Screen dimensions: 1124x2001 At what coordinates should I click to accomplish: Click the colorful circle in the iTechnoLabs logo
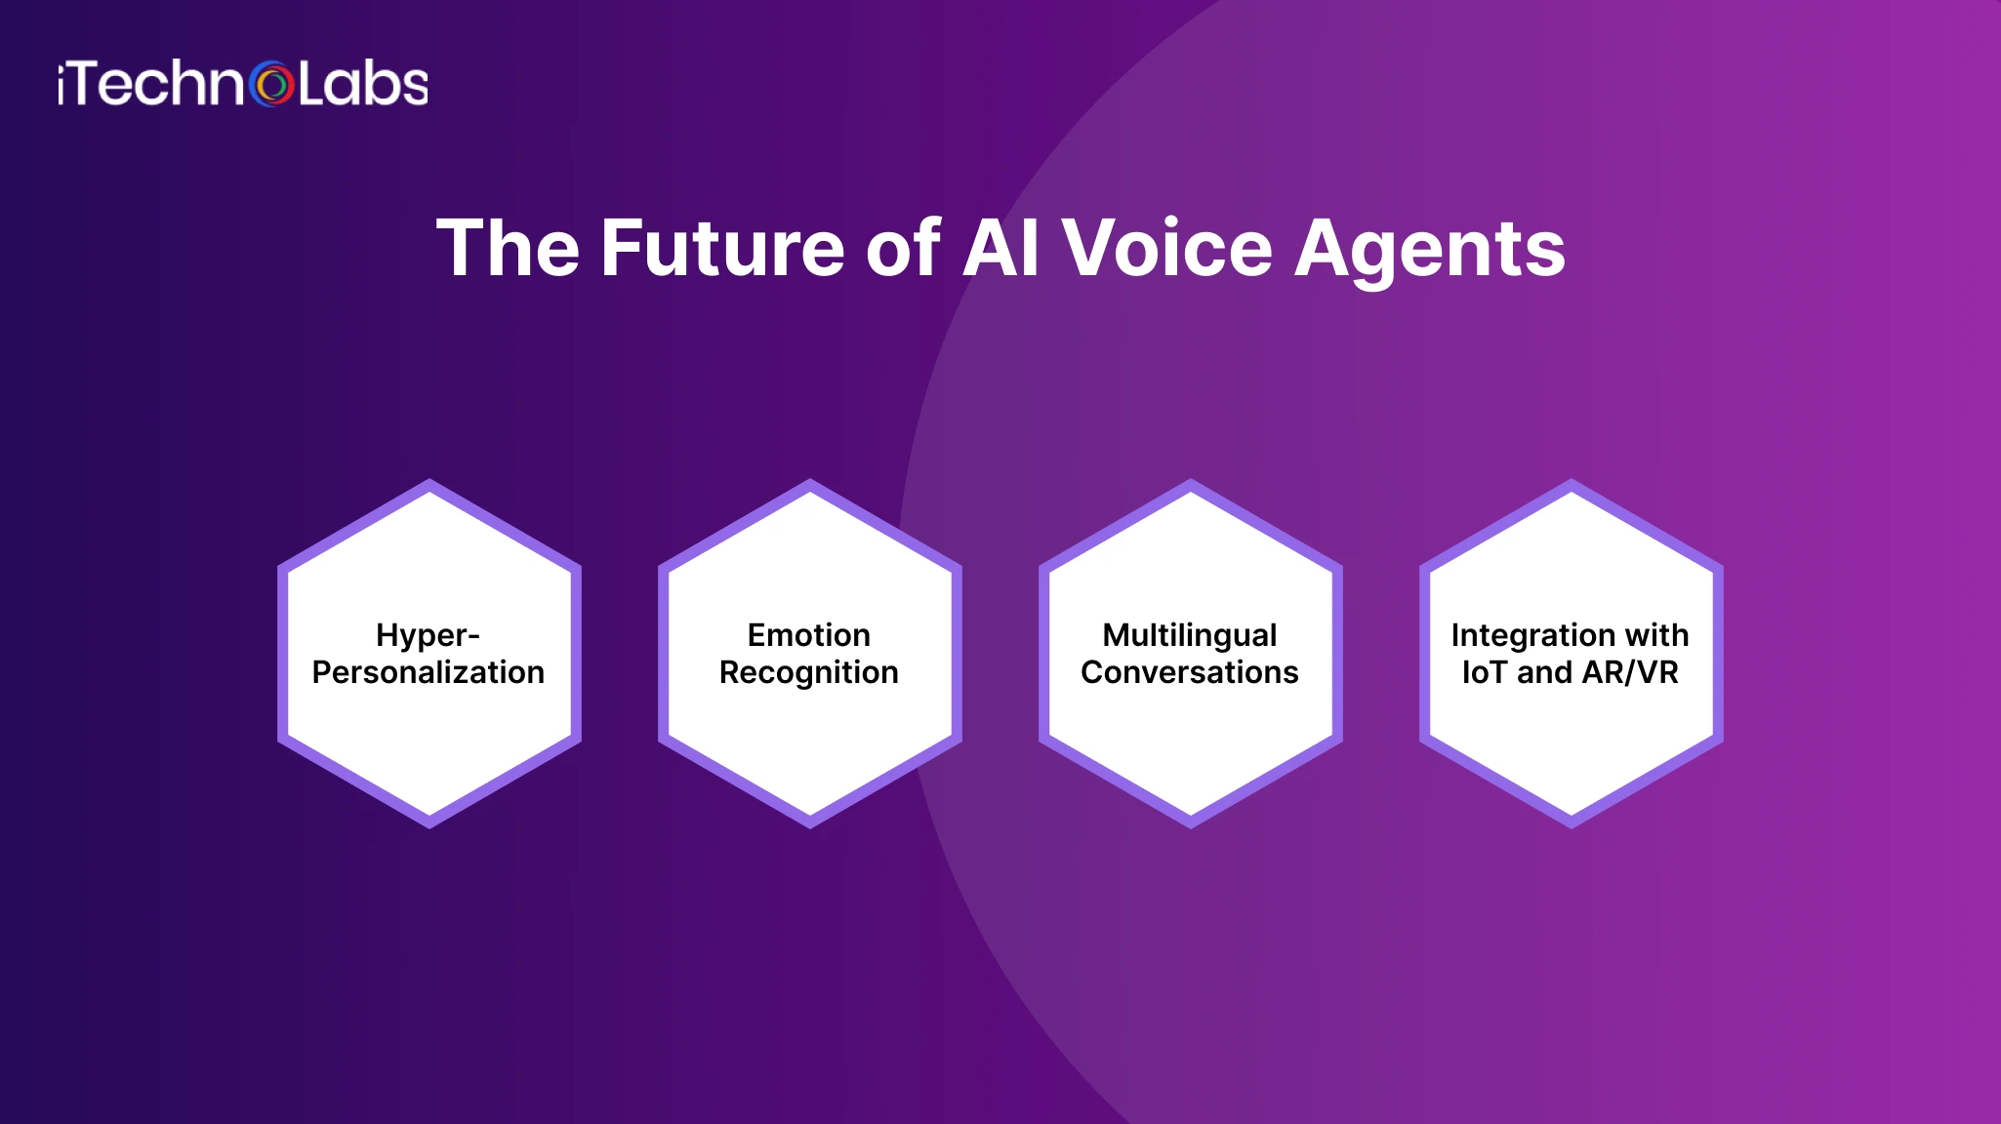tap(272, 85)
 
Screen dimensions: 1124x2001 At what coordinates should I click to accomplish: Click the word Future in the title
tap(721, 248)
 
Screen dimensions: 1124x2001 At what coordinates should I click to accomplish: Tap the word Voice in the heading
tap(1166, 248)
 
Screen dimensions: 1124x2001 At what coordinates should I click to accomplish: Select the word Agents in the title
tap(1430, 250)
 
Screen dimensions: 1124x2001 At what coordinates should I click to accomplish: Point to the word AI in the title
tap(1000, 248)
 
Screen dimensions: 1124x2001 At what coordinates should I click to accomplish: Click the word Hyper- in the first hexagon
tap(428, 635)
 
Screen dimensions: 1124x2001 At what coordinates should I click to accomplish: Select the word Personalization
tap(428, 672)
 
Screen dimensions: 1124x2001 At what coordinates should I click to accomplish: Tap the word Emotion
tap(808, 635)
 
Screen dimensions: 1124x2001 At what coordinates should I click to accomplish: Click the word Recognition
tap(808, 673)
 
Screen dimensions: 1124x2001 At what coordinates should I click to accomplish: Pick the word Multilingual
tap(1189, 635)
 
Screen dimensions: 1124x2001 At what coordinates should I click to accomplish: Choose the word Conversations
tap(1189, 672)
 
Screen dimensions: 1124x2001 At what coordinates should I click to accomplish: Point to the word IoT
tap(1485, 672)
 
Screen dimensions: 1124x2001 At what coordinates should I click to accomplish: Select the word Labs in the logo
tap(362, 85)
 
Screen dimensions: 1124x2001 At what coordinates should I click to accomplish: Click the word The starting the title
tap(508, 248)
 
